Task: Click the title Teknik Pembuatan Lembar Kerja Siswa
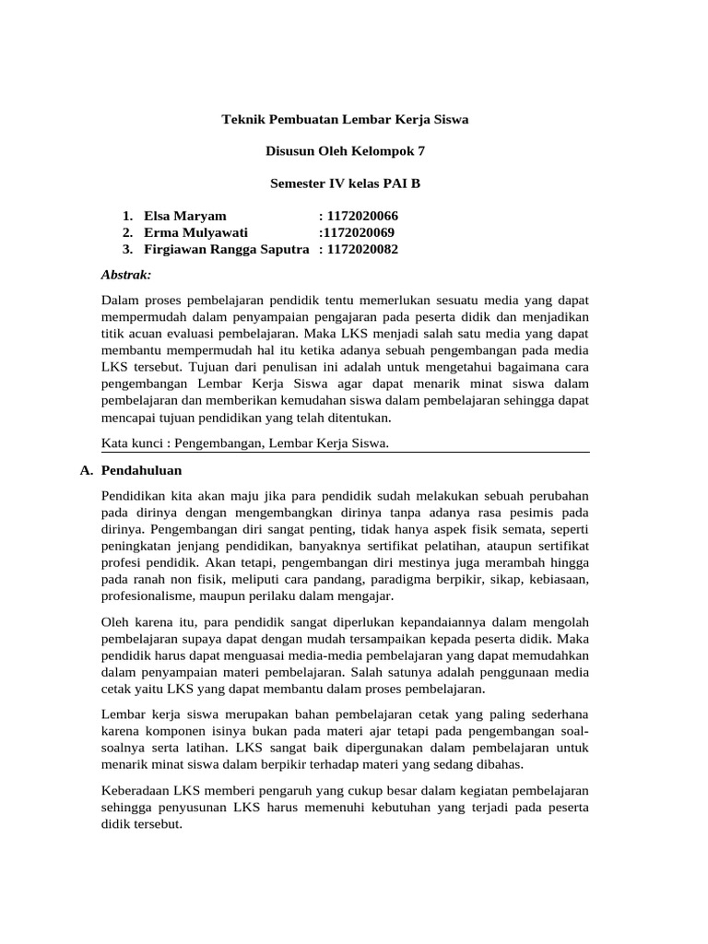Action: (x=346, y=120)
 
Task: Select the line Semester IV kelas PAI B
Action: (x=345, y=183)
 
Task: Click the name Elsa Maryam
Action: (x=185, y=216)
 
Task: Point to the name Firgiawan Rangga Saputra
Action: (x=227, y=249)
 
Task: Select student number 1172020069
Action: (x=359, y=232)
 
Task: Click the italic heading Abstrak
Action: (x=126, y=274)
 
